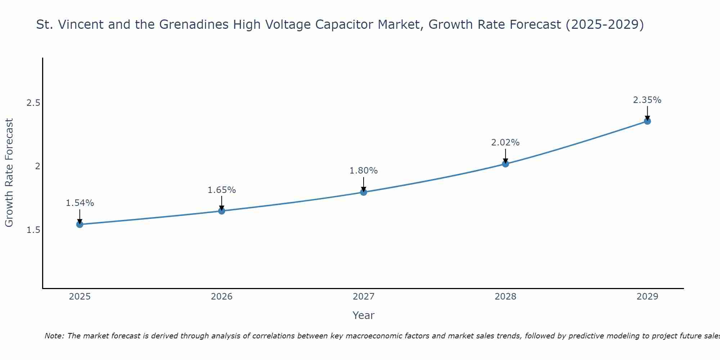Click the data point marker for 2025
(80, 224)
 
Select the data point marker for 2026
(222, 211)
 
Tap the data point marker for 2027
(364, 192)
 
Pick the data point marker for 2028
(505, 164)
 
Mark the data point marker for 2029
(647, 121)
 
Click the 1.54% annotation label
(80, 203)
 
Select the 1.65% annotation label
(222, 190)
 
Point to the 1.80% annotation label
(364, 171)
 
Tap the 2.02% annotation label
(505, 143)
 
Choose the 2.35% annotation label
(647, 100)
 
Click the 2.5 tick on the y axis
(33, 103)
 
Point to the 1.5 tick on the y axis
(33, 230)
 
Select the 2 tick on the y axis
(37, 166)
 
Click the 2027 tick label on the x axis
(364, 297)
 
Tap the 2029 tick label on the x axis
(647, 297)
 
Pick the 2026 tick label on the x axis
(222, 297)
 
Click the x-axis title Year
(364, 315)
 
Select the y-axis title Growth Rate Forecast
(9, 173)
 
